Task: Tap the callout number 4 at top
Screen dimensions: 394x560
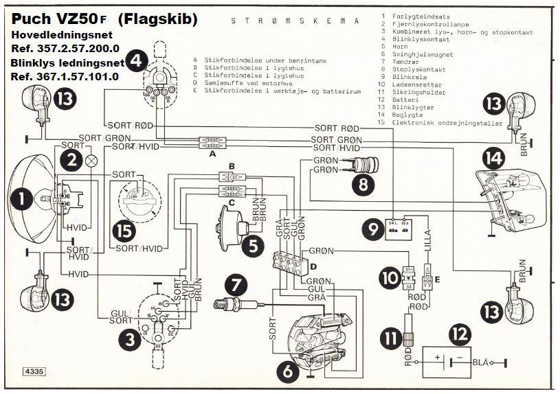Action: pyautogui.click(x=136, y=61)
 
